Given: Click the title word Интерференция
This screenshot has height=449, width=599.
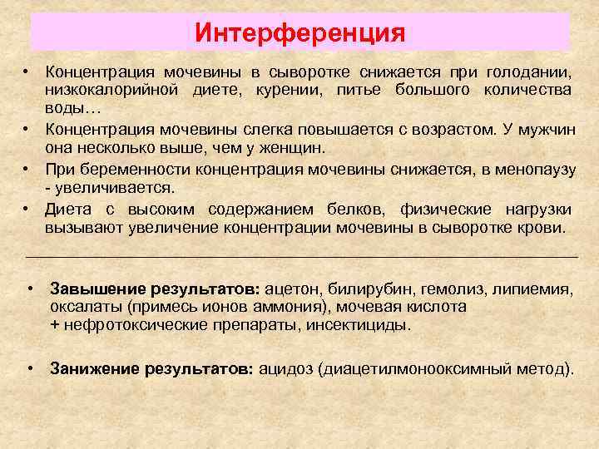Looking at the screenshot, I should [x=299, y=33].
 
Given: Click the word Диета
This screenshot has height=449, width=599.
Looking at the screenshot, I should [x=67, y=209].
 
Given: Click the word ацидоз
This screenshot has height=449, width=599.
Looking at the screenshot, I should [x=286, y=368].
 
